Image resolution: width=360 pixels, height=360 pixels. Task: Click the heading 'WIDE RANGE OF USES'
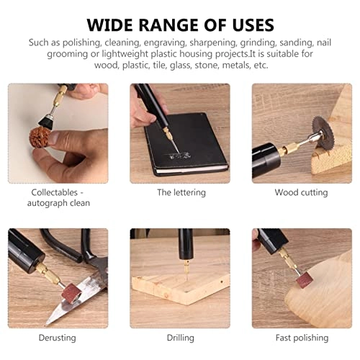tap(180, 24)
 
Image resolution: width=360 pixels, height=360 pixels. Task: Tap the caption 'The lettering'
tap(181, 193)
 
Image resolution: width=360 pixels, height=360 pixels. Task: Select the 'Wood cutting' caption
tap(300, 193)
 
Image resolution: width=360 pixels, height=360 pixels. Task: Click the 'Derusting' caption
tap(60, 338)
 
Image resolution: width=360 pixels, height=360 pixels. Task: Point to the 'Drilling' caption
tap(180, 338)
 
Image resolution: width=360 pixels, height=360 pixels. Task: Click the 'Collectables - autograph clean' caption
tap(60, 198)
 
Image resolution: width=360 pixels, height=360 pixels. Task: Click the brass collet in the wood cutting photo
tap(297, 146)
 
